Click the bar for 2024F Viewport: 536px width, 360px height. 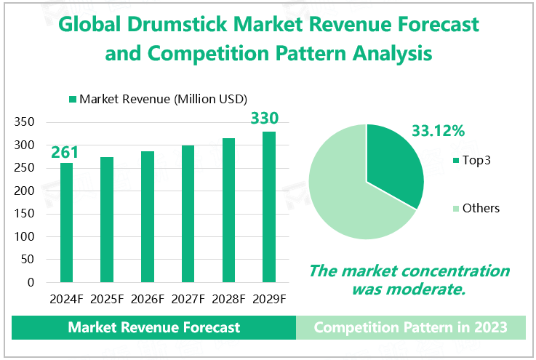[x=66, y=222]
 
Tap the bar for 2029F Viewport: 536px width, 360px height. [x=269, y=207]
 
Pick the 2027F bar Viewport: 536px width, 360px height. [x=188, y=214]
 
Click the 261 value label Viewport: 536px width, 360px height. [x=65, y=153]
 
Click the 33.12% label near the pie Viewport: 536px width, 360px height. [x=439, y=132]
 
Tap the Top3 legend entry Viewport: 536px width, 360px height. [x=472, y=160]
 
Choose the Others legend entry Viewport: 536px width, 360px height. [x=476, y=209]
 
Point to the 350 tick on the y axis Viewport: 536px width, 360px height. [x=25, y=122]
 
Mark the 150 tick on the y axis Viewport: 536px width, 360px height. [x=25, y=214]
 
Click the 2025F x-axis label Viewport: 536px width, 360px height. [x=107, y=299]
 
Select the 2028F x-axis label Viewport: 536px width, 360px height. [x=228, y=299]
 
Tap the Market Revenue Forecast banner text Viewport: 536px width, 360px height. [x=153, y=327]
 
